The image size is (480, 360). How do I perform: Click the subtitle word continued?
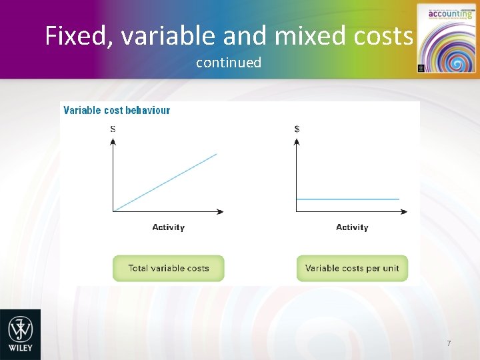tap(229, 63)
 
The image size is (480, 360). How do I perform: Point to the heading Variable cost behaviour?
tap(117, 110)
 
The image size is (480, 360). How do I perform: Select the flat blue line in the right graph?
tap(347, 199)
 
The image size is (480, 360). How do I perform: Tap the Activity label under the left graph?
tap(168, 227)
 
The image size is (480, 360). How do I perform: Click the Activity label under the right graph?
tap(352, 227)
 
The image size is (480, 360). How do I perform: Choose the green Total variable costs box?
tap(168, 268)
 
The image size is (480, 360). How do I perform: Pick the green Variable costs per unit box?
tap(352, 268)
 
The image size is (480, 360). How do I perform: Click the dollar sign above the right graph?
tap(297, 129)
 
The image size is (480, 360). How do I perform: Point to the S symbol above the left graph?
tap(113, 129)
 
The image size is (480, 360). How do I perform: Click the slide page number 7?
tap(449, 343)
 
